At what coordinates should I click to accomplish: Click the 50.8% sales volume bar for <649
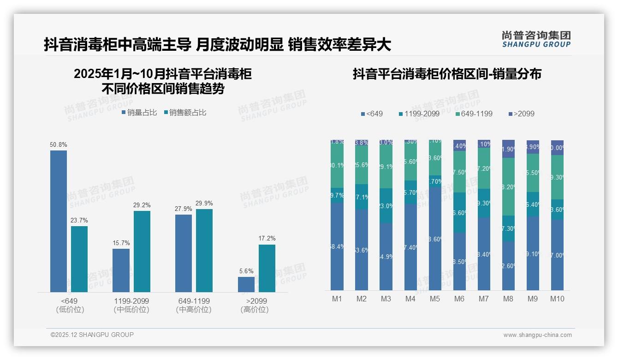[x=59, y=221]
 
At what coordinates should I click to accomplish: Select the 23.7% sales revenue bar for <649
[x=79, y=259]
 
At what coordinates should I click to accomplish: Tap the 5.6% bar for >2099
[x=246, y=284]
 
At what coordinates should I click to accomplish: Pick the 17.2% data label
[x=267, y=239]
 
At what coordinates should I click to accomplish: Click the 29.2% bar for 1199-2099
[x=142, y=252]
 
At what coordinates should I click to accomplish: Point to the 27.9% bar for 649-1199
[x=184, y=253]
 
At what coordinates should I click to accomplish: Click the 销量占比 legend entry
[x=139, y=113]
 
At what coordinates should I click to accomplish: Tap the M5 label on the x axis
[x=434, y=299]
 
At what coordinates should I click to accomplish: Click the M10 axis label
[x=557, y=299]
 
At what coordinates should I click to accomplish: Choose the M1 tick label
[x=337, y=299]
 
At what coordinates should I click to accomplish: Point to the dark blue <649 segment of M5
[x=435, y=238]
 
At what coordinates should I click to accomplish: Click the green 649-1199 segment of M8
[x=508, y=187]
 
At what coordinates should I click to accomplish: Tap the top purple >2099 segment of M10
[x=557, y=148]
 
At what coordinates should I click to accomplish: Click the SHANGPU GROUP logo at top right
[x=536, y=39]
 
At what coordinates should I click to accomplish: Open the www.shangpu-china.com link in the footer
[x=537, y=335]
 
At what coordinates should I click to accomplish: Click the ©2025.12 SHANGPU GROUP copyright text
[x=92, y=335]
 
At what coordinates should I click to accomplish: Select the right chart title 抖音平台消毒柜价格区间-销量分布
[x=447, y=74]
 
